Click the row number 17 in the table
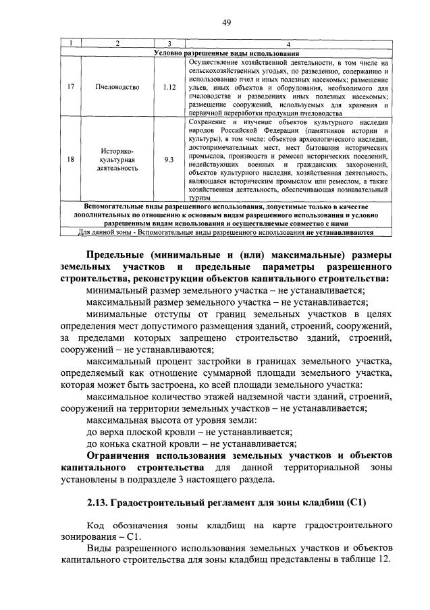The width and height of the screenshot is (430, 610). click(72, 87)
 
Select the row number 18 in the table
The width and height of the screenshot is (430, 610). click(72, 159)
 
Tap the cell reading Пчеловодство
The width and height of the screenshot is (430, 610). click(117, 87)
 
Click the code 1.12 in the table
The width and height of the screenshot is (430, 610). click(169, 87)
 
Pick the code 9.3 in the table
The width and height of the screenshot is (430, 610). click(169, 159)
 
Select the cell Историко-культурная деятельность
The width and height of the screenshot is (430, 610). click(117, 159)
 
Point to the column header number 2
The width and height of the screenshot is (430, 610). click(117, 45)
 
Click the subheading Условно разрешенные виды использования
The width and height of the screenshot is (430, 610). click(226, 53)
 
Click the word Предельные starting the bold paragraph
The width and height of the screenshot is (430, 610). click(120, 254)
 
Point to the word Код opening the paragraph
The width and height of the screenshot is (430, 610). click(97, 525)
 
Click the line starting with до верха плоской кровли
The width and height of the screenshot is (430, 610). click(190, 431)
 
